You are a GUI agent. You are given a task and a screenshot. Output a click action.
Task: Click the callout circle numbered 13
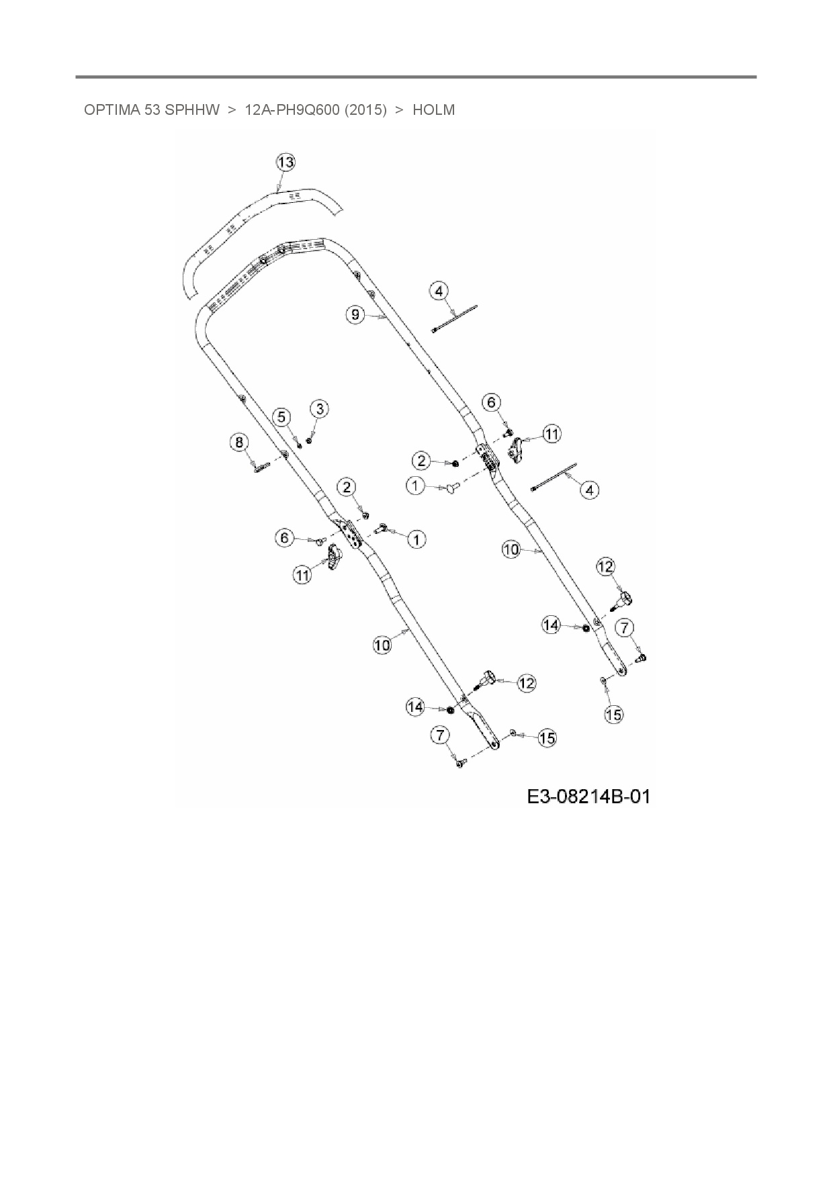pyautogui.click(x=286, y=163)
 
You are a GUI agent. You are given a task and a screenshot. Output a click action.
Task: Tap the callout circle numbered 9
pyautogui.click(x=356, y=314)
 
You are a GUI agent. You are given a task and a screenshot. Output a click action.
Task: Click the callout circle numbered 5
pyautogui.click(x=282, y=417)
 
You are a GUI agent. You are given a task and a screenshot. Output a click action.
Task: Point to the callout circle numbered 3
pyautogui.click(x=319, y=408)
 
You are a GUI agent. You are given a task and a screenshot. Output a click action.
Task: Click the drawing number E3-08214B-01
pyautogui.click(x=588, y=797)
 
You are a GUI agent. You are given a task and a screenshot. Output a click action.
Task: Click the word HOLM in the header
pyautogui.click(x=433, y=110)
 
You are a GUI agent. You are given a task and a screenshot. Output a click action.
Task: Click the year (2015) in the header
pyautogui.click(x=365, y=110)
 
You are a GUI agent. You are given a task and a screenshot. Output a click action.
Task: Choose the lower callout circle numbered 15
pyautogui.click(x=547, y=738)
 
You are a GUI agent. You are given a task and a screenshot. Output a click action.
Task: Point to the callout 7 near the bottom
pyautogui.click(x=440, y=735)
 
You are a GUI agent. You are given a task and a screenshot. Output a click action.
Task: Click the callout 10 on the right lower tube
pyautogui.click(x=511, y=549)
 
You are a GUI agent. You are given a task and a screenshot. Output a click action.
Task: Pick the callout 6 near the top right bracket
pyautogui.click(x=492, y=402)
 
